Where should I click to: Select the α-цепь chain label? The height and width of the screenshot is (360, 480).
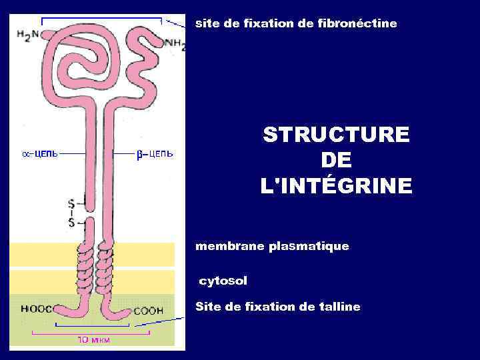pyautogui.click(x=39, y=153)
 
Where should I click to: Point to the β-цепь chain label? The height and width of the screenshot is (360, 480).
pyautogui.click(x=155, y=153)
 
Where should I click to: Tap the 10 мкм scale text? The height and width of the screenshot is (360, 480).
pyautogui.click(x=94, y=339)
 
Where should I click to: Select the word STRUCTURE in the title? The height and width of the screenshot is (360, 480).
pyautogui.click(x=336, y=135)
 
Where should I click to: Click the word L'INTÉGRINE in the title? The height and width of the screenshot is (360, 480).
pyautogui.click(x=336, y=186)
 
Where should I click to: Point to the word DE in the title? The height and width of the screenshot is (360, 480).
pyautogui.click(x=336, y=161)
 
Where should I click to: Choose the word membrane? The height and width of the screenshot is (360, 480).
pyautogui.click(x=229, y=247)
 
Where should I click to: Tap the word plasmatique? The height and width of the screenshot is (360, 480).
pyautogui.click(x=308, y=247)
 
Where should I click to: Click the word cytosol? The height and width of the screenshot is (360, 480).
pyautogui.click(x=223, y=281)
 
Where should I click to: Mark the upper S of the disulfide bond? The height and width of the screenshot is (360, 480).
pyautogui.click(x=71, y=201)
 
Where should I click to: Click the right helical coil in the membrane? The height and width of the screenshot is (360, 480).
pyautogui.click(x=105, y=267)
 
